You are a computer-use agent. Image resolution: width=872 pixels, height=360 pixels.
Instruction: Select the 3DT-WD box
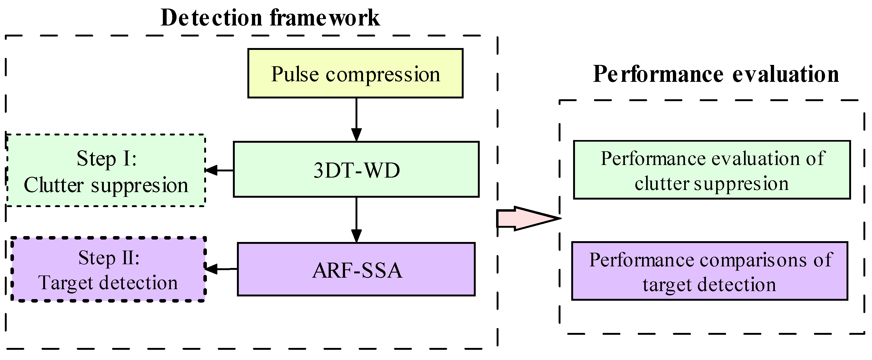click(x=356, y=170)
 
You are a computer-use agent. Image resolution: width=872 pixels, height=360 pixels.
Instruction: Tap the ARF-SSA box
click(x=356, y=269)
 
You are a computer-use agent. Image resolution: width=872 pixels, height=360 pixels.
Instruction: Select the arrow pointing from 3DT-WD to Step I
click(x=219, y=170)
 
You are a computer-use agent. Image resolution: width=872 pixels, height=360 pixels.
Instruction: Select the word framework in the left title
click(x=325, y=18)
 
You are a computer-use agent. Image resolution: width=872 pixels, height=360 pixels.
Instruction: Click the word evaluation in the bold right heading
click(x=786, y=74)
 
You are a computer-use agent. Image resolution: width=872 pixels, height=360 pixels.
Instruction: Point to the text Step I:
click(x=106, y=158)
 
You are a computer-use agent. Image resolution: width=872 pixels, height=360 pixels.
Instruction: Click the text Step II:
click(x=109, y=258)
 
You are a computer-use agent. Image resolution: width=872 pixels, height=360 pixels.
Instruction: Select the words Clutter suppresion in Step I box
click(x=106, y=185)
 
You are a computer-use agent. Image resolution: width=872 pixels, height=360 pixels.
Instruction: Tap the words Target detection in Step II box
click(x=108, y=283)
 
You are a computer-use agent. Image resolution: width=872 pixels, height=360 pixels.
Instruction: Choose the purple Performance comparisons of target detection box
click(x=709, y=271)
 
